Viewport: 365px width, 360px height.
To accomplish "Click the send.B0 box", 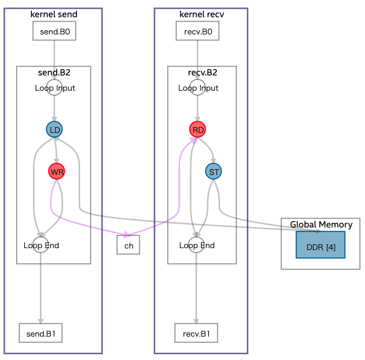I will coord(54,31).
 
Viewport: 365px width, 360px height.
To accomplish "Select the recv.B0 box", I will coord(197,31).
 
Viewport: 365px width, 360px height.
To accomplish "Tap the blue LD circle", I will coord(54,130).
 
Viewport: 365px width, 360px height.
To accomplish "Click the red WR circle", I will coord(57,172).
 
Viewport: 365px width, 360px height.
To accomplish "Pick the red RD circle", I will coord(197,130).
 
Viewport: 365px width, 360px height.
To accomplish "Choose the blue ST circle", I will coord(213,172).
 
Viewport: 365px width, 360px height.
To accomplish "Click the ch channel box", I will coord(128,245).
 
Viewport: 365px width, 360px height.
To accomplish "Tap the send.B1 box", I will coord(40,333).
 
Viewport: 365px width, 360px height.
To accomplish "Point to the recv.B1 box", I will coord(196,333).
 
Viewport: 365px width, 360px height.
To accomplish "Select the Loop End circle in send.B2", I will coord(40,245).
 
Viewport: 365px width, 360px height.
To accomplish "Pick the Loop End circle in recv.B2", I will coord(196,245).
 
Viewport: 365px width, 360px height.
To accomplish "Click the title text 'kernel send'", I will coord(53,15).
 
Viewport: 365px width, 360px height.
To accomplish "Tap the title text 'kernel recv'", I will coord(201,15).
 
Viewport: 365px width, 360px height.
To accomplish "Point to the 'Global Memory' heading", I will coord(321,224).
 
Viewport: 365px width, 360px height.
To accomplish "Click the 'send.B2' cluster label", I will coord(54,72).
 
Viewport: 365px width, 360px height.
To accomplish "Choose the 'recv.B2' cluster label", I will coord(202,72).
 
